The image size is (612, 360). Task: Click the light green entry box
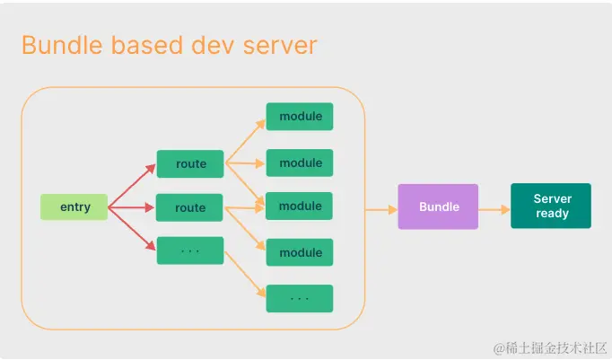point(74,207)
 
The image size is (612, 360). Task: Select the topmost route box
point(190,163)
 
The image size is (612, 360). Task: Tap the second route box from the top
point(190,207)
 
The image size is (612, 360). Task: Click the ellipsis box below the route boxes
point(190,250)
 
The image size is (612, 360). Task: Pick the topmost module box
point(300,117)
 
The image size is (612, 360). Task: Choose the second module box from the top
point(300,162)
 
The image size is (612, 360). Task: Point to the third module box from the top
point(300,206)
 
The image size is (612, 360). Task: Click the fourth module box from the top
point(300,252)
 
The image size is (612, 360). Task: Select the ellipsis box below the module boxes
point(300,298)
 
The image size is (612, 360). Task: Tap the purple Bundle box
point(438,206)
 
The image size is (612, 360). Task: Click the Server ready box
point(551,206)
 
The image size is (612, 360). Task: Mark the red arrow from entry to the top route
point(131,186)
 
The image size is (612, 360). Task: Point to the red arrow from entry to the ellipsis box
point(131,229)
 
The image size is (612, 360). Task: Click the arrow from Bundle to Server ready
point(494,207)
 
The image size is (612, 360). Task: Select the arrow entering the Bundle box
point(381,208)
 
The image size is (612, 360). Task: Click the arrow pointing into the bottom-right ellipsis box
point(245,276)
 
